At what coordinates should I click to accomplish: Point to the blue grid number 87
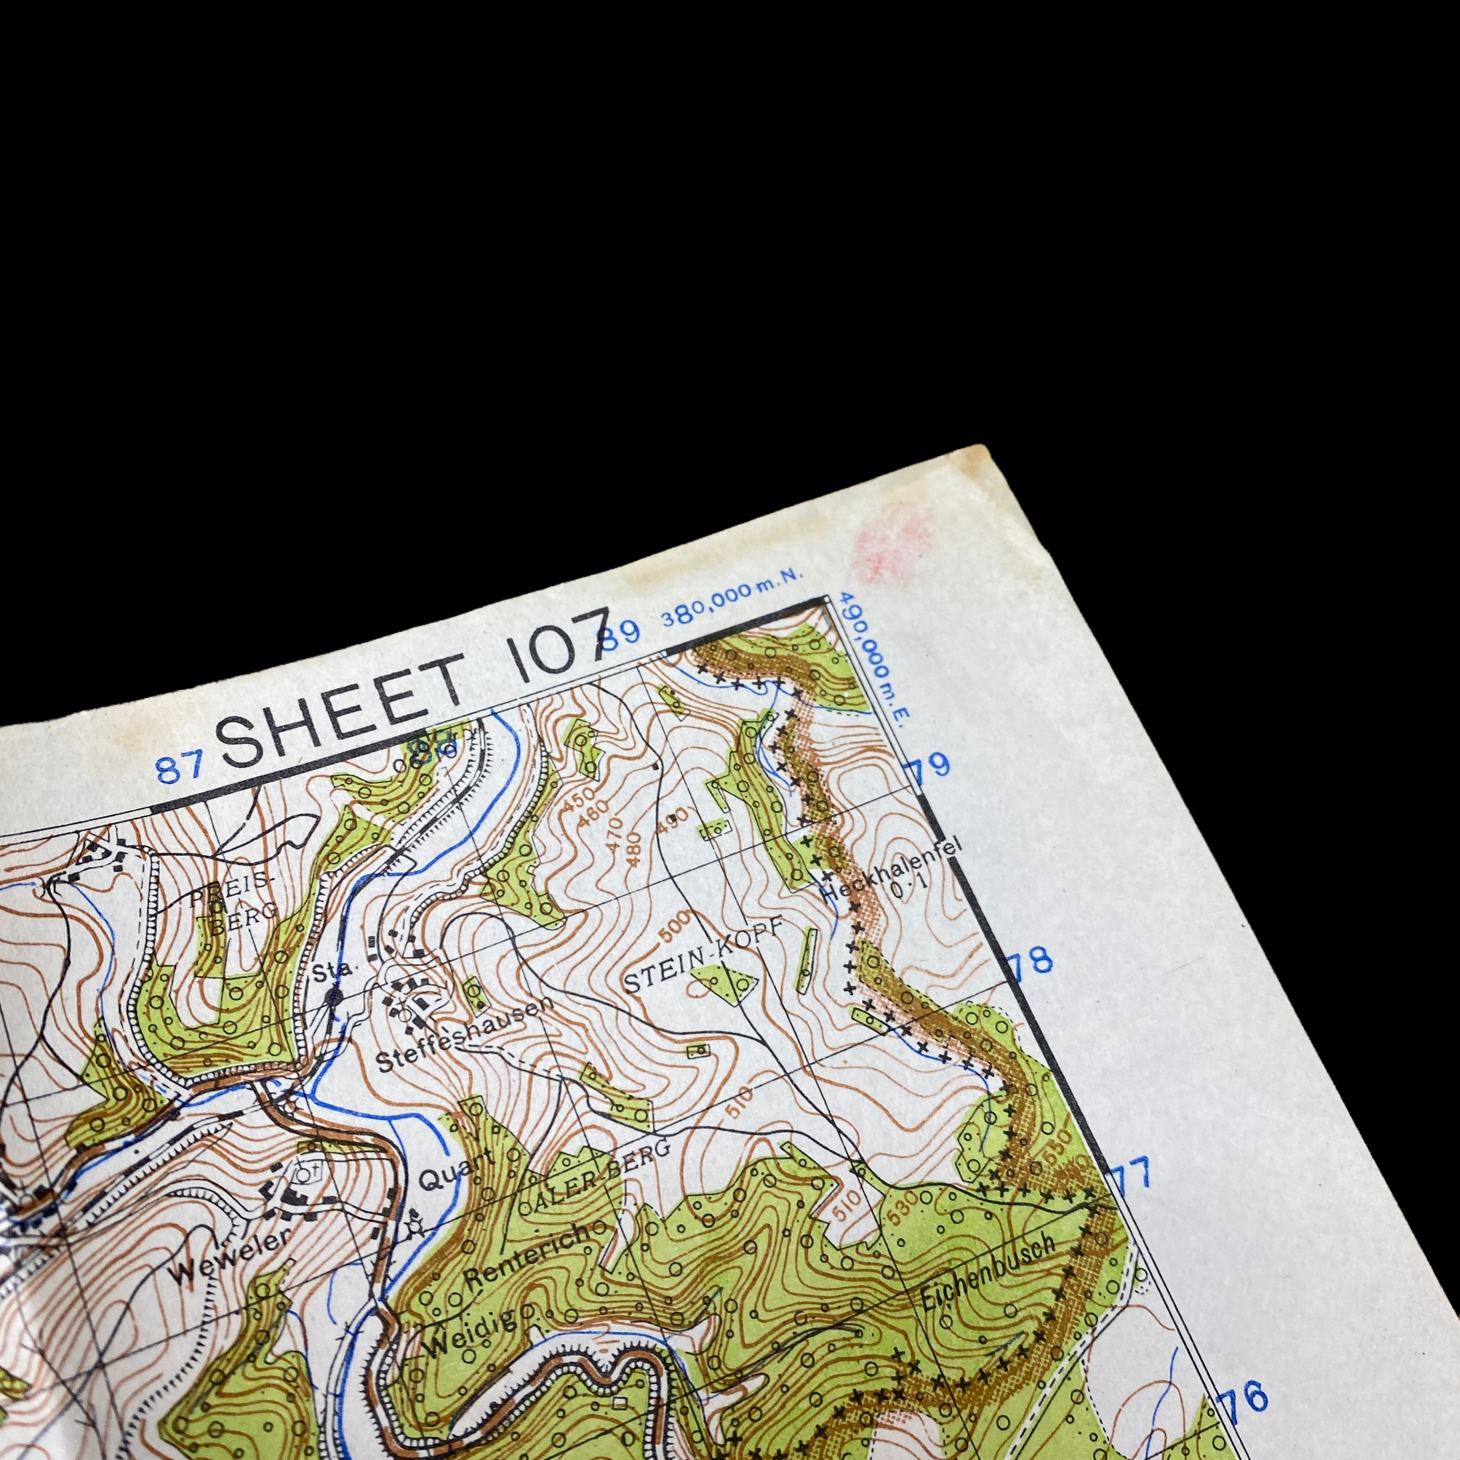click(x=180, y=768)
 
